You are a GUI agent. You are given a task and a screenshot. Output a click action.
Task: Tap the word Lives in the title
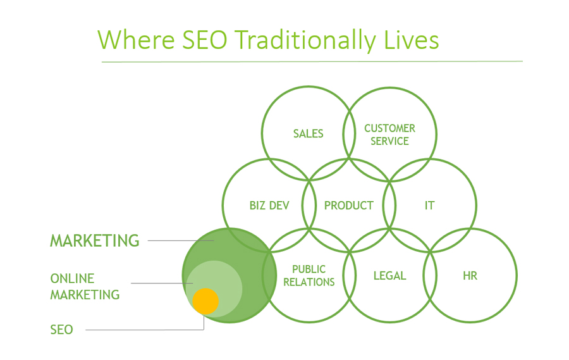(x=411, y=40)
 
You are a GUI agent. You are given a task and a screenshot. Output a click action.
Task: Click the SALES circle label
(x=308, y=133)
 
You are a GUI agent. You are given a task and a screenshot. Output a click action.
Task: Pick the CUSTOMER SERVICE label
(x=389, y=135)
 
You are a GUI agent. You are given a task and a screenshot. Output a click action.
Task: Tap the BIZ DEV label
(x=269, y=206)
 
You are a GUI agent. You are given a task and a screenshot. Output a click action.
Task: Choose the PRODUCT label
(x=348, y=206)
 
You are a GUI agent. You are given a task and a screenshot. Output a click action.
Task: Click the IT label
(x=429, y=206)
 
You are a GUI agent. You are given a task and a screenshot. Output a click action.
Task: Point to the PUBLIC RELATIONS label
(x=309, y=276)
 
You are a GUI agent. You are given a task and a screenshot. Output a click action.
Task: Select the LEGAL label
(x=389, y=276)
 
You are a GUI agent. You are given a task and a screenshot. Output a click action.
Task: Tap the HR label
(x=470, y=276)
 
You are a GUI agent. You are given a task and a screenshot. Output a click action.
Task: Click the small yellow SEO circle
(x=205, y=301)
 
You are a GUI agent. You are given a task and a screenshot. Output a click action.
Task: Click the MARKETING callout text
(x=95, y=240)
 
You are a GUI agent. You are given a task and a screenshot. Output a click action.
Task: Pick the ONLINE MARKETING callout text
(x=85, y=287)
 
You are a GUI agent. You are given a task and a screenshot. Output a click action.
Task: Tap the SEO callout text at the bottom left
(x=61, y=330)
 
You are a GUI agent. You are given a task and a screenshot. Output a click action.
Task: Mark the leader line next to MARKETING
(x=180, y=240)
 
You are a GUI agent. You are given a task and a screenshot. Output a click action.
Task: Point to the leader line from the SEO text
(x=145, y=330)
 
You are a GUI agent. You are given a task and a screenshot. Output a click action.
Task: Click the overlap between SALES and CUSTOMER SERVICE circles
(x=349, y=133)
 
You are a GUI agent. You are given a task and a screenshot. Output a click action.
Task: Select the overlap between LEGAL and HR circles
(x=430, y=276)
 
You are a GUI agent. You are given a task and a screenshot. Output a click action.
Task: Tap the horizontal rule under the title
(x=312, y=61)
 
